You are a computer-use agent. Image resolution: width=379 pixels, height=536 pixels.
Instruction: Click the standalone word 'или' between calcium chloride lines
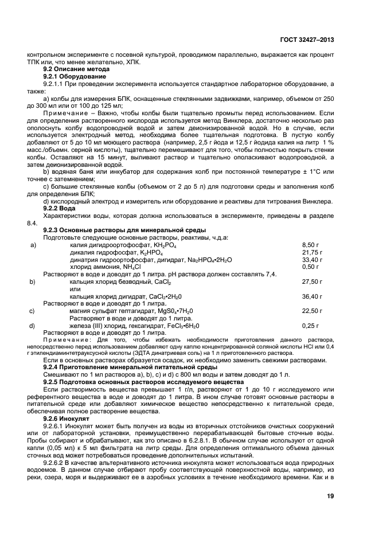click(75, 289)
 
